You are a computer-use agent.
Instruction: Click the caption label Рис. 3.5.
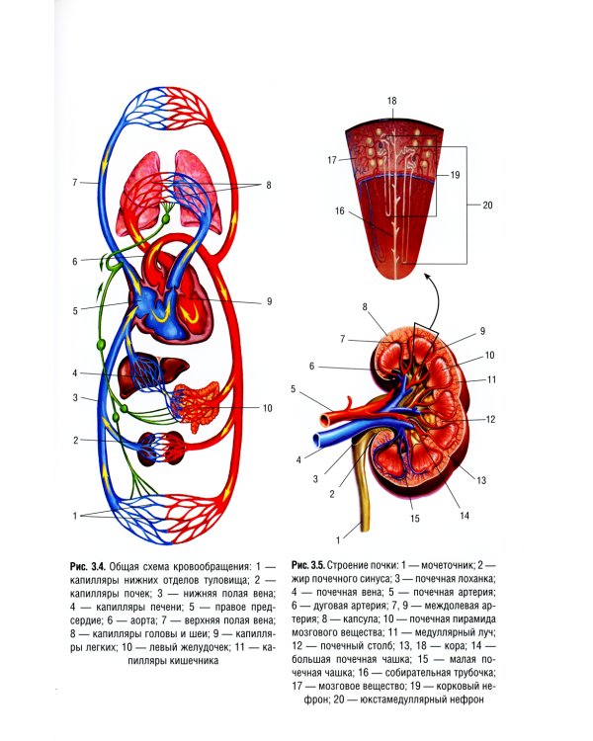[x=309, y=562]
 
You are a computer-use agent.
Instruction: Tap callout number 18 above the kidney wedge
[x=391, y=102]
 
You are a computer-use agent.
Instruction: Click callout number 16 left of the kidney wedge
[x=339, y=209]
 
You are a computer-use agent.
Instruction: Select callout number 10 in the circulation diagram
[x=267, y=407]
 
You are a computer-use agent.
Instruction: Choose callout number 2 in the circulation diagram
[x=75, y=439]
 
